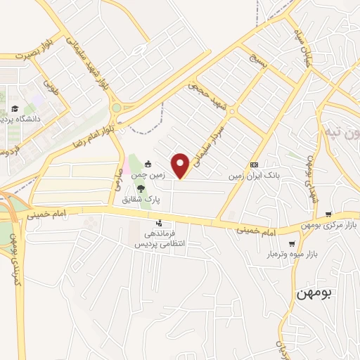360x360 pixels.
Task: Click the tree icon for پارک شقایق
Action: [x=141, y=188]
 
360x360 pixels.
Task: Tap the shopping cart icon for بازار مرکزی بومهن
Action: [x=328, y=214]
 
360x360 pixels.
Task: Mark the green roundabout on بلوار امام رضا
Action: [x=116, y=108]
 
